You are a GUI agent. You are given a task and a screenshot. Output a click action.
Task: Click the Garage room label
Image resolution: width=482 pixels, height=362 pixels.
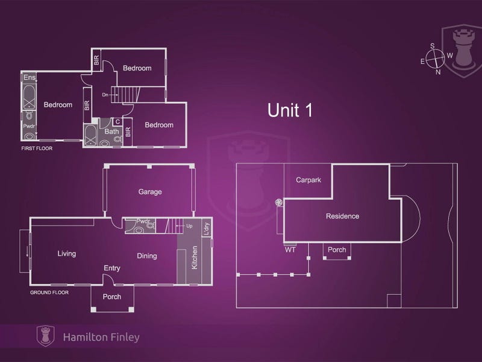(150, 192)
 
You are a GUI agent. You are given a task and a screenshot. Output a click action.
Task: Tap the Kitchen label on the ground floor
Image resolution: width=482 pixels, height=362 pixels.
(194, 258)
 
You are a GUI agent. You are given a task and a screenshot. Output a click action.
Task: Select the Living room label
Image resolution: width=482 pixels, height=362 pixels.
(67, 253)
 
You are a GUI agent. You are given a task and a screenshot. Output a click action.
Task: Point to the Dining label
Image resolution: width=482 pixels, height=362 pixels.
(147, 256)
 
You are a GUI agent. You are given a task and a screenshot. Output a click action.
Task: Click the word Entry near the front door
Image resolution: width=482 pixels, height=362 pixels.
(112, 268)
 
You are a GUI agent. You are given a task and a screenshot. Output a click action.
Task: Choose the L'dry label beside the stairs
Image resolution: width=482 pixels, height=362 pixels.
(207, 229)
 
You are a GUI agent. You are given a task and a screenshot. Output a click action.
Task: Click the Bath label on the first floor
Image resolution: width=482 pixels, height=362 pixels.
(111, 132)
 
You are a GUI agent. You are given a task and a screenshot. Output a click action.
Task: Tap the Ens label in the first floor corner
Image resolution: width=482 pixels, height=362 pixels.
(30, 77)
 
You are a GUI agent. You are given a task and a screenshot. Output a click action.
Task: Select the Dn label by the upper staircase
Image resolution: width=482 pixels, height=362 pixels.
(105, 95)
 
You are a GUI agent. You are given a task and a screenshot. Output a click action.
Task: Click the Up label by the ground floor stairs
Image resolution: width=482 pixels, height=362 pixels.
(189, 226)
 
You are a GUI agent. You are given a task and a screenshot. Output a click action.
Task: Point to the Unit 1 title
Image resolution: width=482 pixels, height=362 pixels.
(290, 110)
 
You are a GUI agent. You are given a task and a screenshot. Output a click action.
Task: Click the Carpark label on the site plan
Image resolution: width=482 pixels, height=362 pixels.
(308, 180)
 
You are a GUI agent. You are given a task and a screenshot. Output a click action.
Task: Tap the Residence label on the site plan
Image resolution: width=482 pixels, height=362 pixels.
(342, 216)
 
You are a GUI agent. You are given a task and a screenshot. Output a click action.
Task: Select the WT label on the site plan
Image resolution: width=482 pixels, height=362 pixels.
(290, 250)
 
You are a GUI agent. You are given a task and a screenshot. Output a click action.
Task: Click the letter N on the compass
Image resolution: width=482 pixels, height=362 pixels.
(438, 72)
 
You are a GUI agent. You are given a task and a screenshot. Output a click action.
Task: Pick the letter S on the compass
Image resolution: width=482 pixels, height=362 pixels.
(433, 46)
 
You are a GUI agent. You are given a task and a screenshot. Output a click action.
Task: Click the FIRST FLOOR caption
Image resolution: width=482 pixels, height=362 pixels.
(37, 148)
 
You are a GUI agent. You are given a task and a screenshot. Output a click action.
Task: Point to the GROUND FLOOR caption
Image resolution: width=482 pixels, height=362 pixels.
(49, 293)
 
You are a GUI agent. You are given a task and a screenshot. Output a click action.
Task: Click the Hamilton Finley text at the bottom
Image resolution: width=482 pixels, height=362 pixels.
(101, 337)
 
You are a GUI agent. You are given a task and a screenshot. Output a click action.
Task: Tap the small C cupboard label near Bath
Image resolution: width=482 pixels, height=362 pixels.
(117, 122)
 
